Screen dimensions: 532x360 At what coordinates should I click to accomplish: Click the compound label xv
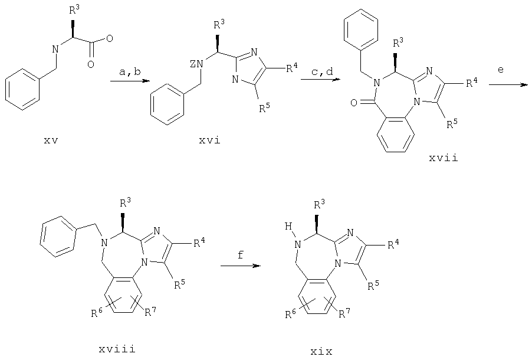51,140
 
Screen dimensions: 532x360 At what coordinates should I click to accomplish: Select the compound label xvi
210,140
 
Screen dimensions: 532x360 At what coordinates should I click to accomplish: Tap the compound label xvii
444,158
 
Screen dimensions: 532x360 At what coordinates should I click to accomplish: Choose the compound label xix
321,351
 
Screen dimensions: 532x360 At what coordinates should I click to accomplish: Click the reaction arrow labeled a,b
130,81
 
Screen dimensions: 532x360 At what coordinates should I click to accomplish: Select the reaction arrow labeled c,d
320,80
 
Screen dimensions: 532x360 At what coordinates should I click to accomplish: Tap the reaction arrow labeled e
508,85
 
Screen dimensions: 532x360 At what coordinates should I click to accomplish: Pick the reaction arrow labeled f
241,265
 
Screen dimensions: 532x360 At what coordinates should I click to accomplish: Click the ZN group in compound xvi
196,64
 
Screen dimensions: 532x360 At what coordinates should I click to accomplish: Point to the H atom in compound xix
288,226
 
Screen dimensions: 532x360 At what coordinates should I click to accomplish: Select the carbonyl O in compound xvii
353,103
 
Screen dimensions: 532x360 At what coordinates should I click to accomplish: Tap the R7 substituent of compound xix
344,314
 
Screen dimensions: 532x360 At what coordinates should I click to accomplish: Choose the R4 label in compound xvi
291,68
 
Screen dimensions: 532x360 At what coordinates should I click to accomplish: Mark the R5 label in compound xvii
452,123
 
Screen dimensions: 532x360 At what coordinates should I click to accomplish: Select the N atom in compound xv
55,49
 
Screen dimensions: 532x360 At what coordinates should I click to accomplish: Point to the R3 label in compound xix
319,204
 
